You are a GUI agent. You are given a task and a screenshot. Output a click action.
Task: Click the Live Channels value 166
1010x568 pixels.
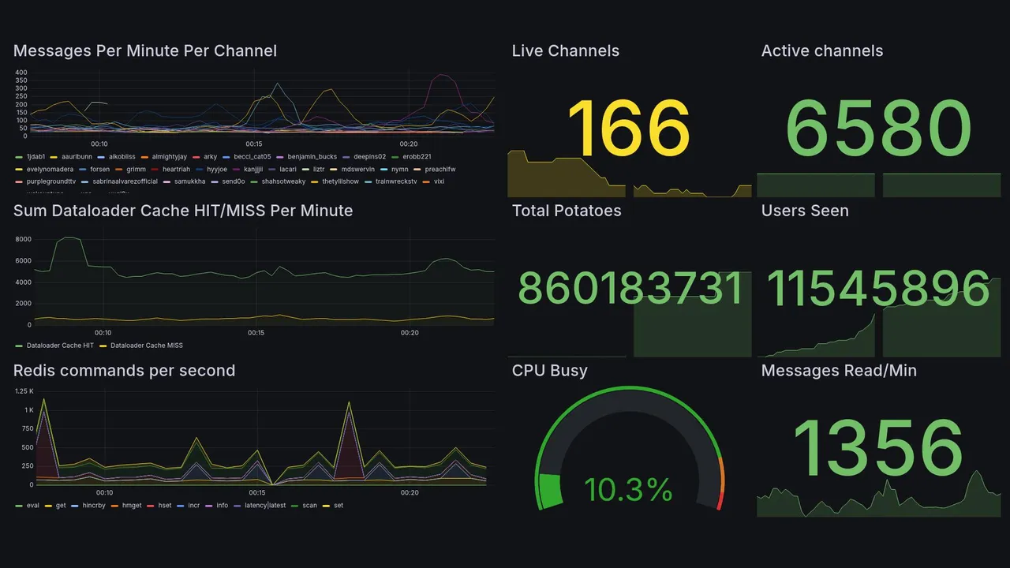point(628,129)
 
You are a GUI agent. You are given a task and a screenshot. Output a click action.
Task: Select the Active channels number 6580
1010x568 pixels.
point(878,129)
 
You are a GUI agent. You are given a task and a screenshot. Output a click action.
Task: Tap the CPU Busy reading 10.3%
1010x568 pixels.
point(628,490)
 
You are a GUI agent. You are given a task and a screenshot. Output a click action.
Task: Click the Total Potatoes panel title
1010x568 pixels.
point(566,211)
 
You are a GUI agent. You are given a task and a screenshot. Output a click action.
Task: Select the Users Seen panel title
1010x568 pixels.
point(805,211)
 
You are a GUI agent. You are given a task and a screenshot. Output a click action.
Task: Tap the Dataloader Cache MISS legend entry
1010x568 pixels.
point(146,346)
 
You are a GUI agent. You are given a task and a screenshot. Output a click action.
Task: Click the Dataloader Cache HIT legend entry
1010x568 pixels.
point(59,346)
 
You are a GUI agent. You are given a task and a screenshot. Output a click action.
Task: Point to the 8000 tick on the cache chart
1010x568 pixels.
point(23,239)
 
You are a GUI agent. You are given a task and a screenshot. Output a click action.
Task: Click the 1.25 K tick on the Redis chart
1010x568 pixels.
point(24,391)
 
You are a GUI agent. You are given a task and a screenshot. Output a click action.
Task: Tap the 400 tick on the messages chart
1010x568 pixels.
point(21,73)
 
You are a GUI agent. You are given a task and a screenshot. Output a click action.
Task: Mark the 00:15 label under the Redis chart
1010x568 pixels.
point(256,493)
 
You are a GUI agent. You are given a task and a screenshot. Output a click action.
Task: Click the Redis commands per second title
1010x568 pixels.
point(124,371)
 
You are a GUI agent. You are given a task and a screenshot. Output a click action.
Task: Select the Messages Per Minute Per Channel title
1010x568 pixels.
point(145,51)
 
